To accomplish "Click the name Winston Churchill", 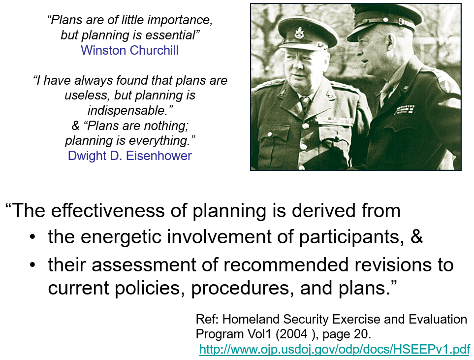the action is [x=129, y=50].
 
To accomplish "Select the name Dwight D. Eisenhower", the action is [x=129, y=156].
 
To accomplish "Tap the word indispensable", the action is [x=128, y=110].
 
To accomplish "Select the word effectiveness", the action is [x=108, y=210].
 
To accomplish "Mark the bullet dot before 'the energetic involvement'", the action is [x=32, y=236].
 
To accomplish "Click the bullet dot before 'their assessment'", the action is [x=32, y=265].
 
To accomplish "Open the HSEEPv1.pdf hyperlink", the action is [x=335, y=350].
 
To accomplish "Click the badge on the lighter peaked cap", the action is [x=300, y=33].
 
